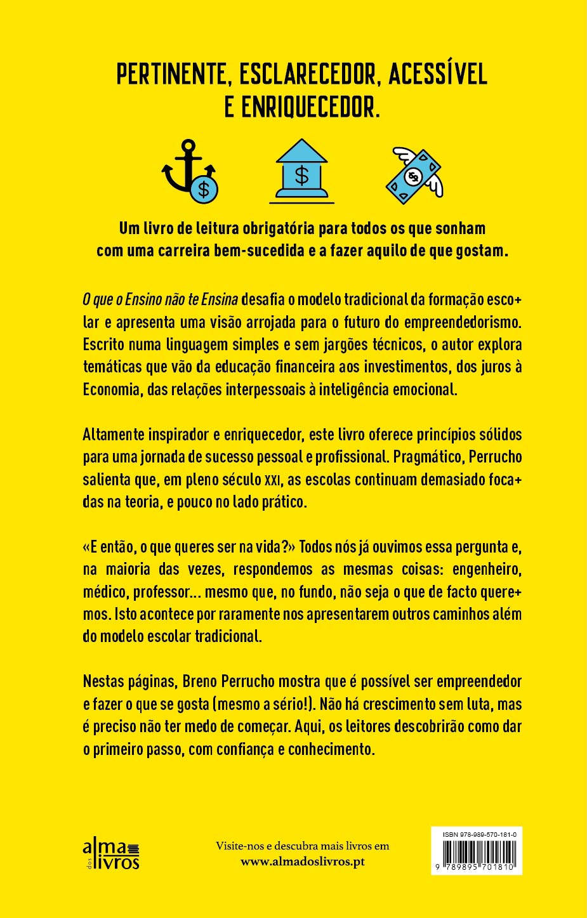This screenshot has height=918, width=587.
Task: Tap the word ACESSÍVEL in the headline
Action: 438,74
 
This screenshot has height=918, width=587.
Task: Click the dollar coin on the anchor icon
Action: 204,189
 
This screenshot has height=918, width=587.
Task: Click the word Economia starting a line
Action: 111,389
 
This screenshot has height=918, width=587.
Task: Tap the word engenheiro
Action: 485,569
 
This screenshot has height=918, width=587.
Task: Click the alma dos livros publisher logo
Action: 111,853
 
